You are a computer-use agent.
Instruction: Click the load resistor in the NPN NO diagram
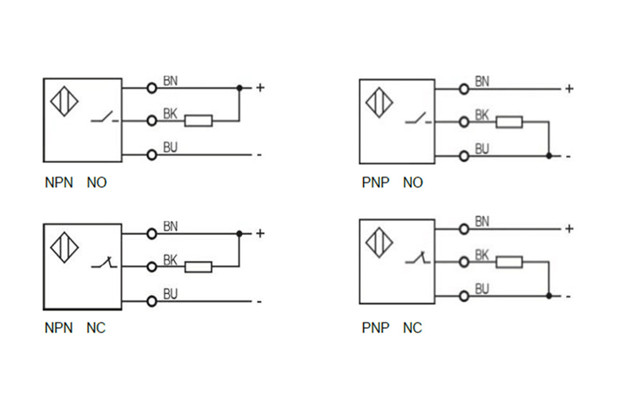click(199, 121)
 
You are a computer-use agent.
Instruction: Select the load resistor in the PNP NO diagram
click(509, 123)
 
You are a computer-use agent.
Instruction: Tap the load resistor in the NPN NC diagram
click(199, 267)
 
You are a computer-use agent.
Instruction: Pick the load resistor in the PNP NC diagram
click(509, 262)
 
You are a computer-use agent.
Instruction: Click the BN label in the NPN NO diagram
click(171, 81)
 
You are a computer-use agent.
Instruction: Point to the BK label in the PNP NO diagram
click(482, 115)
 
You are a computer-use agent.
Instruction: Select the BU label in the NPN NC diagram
click(171, 293)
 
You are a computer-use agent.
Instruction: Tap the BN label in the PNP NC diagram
click(482, 222)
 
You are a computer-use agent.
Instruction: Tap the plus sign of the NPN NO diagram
click(259, 88)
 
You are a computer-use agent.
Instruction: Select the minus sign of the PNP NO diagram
click(568, 157)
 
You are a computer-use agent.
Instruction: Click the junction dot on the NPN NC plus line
click(239, 233)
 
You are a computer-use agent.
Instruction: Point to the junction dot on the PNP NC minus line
click(549, 296)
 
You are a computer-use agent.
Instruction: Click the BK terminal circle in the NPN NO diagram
click(152, 121)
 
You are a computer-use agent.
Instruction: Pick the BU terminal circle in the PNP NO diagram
click(464, 157)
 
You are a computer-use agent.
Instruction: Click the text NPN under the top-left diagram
click(58, 184)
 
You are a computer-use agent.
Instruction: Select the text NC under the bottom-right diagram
click(412, 329)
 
